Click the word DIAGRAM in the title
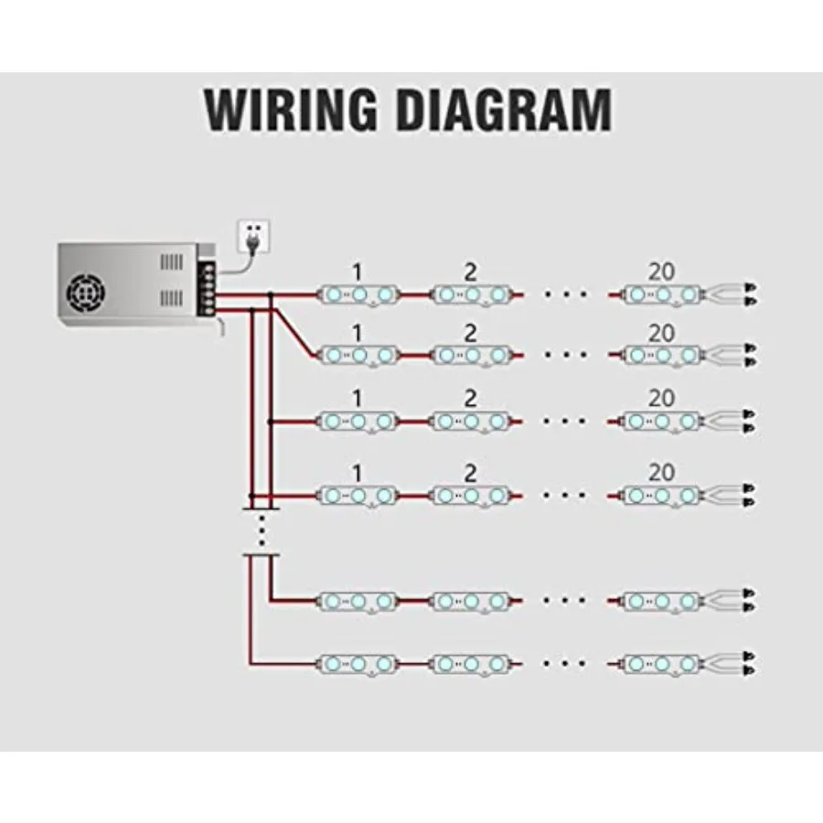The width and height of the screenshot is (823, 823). (505, 110)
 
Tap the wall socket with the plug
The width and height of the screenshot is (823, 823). (254, 236)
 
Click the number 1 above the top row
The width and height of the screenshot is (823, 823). (357, 273)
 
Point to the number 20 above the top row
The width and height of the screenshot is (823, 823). (661, 272)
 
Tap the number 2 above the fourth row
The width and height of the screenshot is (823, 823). (470, 474)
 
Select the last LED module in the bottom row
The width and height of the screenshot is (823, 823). (661, 665)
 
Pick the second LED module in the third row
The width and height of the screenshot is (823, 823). (471, 422)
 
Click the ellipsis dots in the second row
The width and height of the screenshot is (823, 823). (565, 356)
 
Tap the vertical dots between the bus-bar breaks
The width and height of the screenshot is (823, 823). (262, 531)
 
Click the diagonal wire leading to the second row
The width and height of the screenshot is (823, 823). (294, 332)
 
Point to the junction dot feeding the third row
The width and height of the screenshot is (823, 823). (270, 422)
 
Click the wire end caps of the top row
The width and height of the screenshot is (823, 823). (751, 294)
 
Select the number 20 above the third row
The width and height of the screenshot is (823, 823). (661, 399)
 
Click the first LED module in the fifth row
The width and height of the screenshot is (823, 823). (358, 602)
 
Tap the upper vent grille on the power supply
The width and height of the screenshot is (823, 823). (172, 262)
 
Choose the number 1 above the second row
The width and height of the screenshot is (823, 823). (357, 333)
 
